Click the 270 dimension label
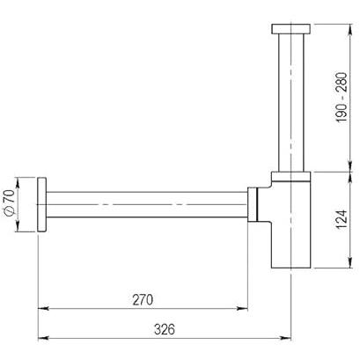(143, 300)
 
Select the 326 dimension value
(165, 329)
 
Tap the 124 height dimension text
(342, 219)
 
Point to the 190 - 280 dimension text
(342, 97)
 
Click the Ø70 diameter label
(10, 202)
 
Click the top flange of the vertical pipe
(290, 29)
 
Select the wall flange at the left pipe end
(42, 204)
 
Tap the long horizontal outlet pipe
(147, 204)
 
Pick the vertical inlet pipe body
(290, 103)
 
